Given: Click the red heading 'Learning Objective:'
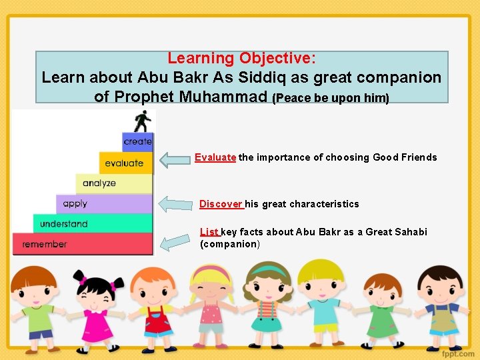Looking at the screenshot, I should pos(242,59).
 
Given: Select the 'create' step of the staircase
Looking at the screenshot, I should pos(138,141).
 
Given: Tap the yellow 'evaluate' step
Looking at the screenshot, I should pos(125,163).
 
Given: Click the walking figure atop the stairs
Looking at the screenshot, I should pos(142,121).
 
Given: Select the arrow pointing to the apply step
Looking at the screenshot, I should pos(175,204).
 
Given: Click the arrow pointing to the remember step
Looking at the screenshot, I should pos(176,241).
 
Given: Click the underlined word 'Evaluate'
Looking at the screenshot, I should pos(215,157).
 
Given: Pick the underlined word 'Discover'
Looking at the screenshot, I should pos(221,204).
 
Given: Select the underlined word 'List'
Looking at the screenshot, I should pos(209,232).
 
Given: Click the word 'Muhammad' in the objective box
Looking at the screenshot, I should pos(223,96).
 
